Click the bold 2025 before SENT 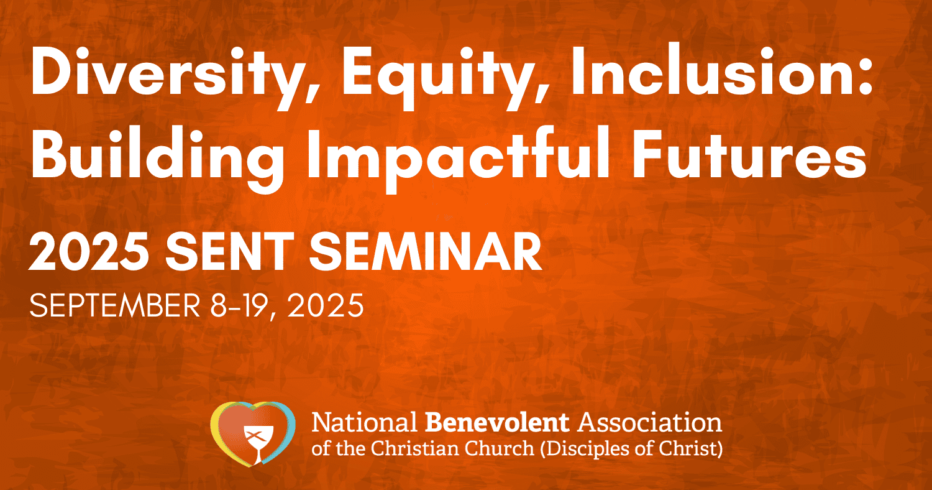(89, 251)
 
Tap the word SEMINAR (426, 251)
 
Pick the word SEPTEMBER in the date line (115, 305)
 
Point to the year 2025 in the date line (326, 305)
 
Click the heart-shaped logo (253, 433)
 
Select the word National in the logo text (365, 423)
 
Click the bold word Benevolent (497, 423)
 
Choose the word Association (649, 423)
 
